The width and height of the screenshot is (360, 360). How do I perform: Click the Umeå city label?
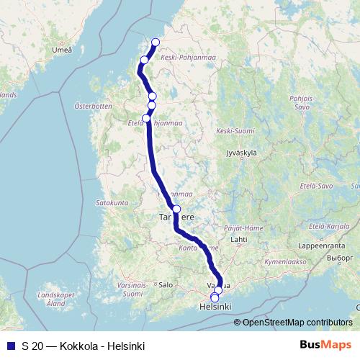[x=63, y=50]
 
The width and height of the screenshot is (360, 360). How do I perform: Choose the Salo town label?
[x=166, y=284]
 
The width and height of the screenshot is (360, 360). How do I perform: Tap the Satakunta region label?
[x=111, y=203]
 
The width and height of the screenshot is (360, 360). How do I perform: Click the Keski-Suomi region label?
[x=235, y=131]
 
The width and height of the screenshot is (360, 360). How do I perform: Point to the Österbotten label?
[x=93, y=107]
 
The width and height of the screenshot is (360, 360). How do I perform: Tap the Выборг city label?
[x=338, y=257]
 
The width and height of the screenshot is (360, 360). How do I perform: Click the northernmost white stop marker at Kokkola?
[x=156, y=42]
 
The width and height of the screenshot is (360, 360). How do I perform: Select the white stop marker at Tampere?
[x=176, y=209]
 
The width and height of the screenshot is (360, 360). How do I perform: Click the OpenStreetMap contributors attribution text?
[x=297, y=323]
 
